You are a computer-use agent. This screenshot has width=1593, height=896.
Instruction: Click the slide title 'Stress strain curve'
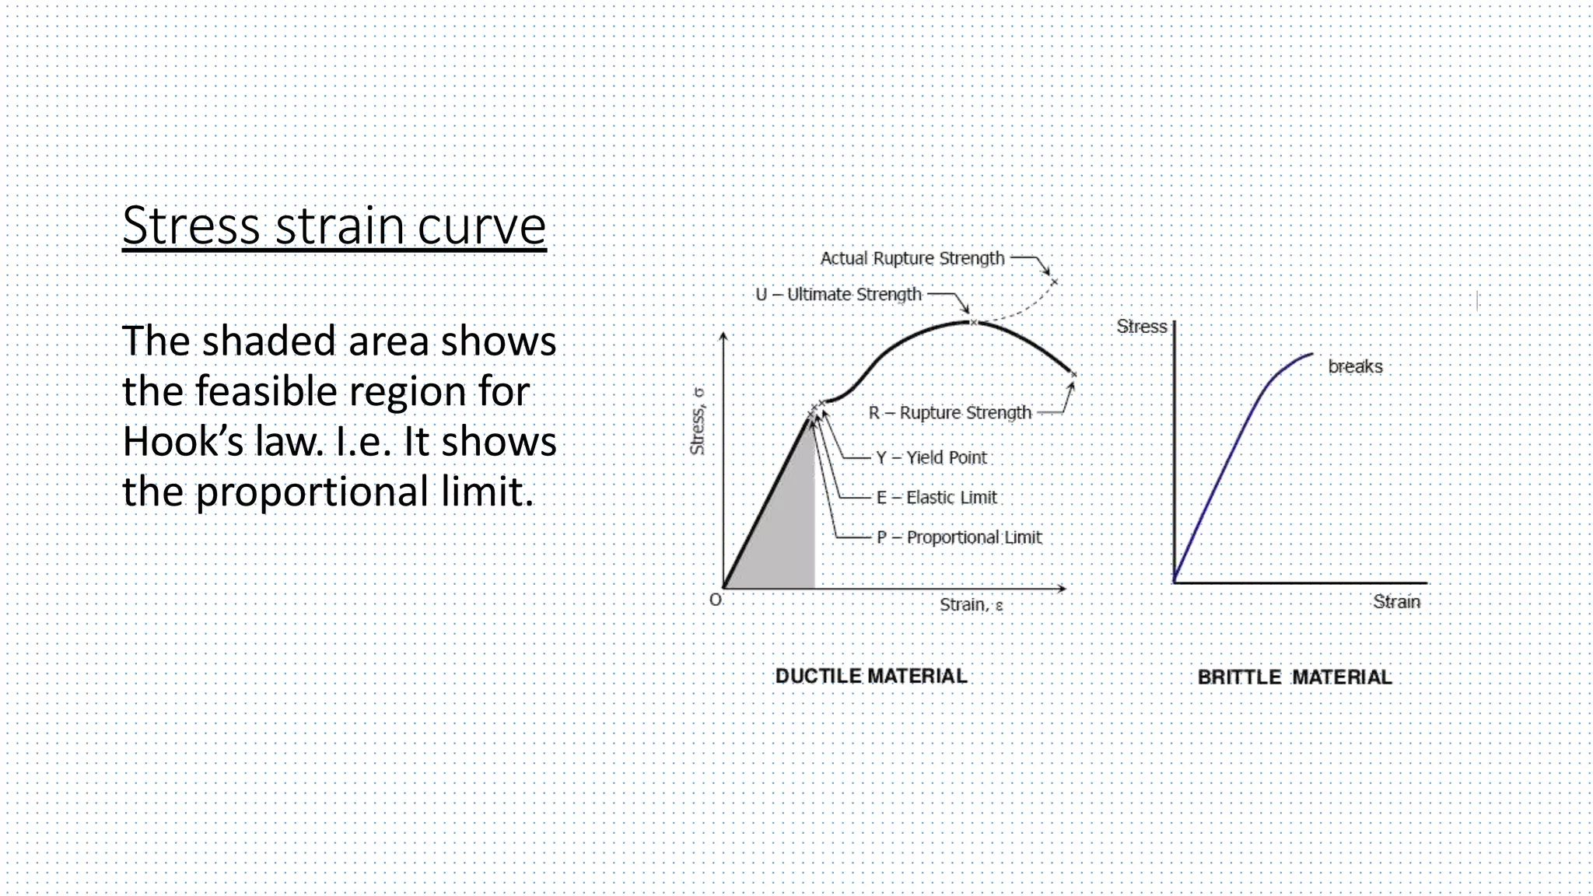pyautogui.click(x=334, y=226)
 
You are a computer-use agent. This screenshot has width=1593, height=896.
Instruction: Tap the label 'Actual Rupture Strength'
pyautogui.click(x=912, y=258)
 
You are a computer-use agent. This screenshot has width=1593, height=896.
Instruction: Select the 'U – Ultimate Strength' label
pyautogui.click(x=839, y=295)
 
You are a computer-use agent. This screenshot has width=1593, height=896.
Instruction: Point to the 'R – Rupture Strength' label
pyautogui.click(x=950, y=412)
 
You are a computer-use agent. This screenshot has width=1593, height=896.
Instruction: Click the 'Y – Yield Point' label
pyautogui.click(x=931, y=457)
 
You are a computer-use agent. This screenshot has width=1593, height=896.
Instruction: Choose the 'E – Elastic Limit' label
pyautogui.click(x=937, y=497)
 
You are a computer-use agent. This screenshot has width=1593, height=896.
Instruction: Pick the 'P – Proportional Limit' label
pyautogui.click(x=959, y=537)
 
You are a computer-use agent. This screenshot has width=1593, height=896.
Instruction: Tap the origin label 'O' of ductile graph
pyautogui.click(x=715, y=600)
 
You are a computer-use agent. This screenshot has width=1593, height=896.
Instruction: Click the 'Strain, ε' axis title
pyautogui.click(x=971, y=604)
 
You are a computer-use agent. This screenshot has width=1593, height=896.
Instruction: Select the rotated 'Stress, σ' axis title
pyautogui.click(x=698, y=421)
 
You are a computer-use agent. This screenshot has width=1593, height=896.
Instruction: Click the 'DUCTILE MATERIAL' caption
pyautogui.click(x=871, y=676)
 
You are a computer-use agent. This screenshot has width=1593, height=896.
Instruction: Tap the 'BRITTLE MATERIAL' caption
pyautogui.click(x=1294, y=677)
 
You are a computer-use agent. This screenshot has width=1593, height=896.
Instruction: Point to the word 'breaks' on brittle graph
pyautogui.click(x=1355, y=366)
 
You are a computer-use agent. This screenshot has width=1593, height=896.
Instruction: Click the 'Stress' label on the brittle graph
pyautogui.click(x=1141, y=327)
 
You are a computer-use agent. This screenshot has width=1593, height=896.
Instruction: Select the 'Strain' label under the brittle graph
pyautogui.click(x=1396, y=601)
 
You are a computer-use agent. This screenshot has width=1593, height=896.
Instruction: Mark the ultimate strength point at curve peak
pyautogui.click(x=973, y=321)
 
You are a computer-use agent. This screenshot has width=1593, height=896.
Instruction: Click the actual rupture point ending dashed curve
pyautogui.click(x=1054, y=281)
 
